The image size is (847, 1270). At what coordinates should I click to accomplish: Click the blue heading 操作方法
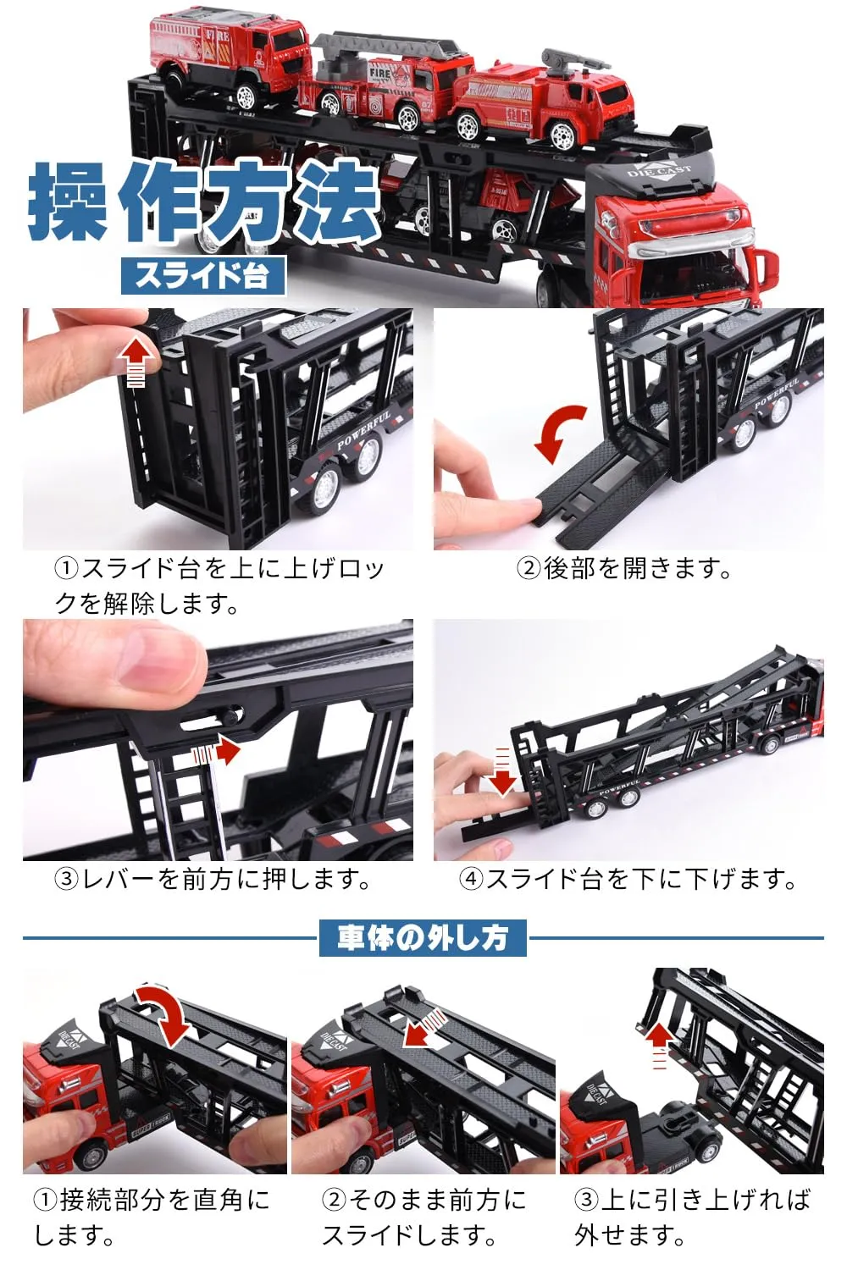[204, 202]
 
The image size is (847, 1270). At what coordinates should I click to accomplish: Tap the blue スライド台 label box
[202, 276]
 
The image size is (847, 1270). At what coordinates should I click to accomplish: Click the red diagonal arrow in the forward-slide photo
[423, 1028]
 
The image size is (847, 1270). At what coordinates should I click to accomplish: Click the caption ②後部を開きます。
[624, 568]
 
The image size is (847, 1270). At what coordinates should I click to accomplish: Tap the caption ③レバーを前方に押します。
[213, 879]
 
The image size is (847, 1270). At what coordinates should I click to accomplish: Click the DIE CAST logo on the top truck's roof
[659, 172]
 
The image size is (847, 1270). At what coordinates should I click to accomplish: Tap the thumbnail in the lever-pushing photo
[152, 660]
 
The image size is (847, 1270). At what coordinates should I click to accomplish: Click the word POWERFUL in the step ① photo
[364, 432]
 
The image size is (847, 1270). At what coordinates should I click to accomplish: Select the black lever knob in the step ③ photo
[230, 718]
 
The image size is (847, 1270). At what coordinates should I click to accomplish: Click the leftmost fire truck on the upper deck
[230, 57]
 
